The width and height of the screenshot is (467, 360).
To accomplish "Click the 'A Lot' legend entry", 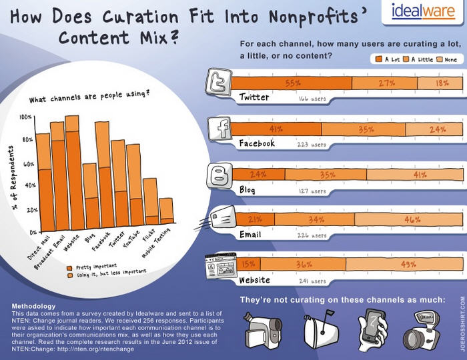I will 386,59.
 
